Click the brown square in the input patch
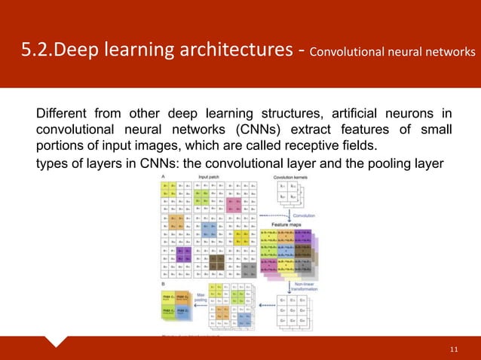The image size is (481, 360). click(x=219, y=261)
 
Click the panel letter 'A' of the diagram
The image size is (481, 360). click(x=161, y=175)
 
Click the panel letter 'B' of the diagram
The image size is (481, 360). click(x=161, y=284)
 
